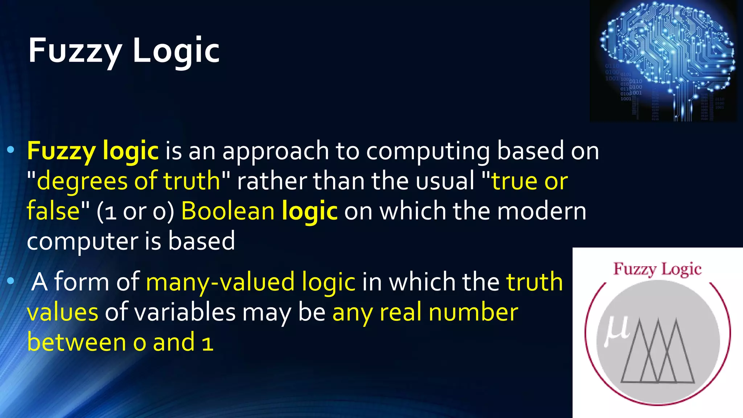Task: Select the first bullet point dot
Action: (x=11, y=149)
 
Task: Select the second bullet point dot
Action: (x=11, y=280)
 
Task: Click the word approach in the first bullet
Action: (x=275, y=151)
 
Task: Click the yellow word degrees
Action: (x=82, y=181)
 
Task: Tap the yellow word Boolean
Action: (x=228, y=211)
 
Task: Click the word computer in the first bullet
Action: (x=82, y=242)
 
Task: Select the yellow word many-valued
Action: (x=220, y=282)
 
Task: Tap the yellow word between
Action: (x=76, y=343)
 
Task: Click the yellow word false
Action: (x=53, y=211)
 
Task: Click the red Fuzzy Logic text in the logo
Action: (x=657, y=269)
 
